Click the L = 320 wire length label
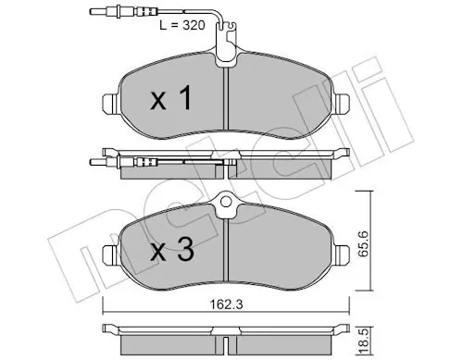pos(182,25)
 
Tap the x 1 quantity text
pos(171,98)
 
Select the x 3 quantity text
pos(172,250)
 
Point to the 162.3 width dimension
pos(226,304)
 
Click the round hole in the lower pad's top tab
pos(226,202)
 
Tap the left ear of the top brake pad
pos(110,103)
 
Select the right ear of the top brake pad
pos(342,103)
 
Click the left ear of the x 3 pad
pos(110,254)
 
